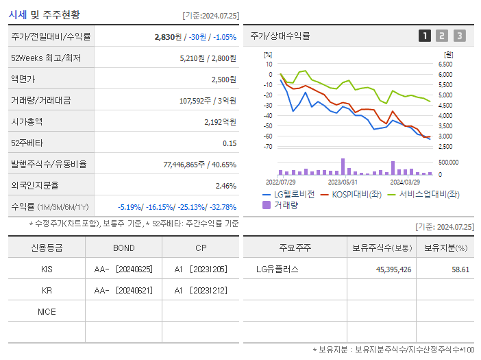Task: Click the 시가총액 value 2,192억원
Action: click(x=219, y=121)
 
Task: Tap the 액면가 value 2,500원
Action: click(x=223, y=80)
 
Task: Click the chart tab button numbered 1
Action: click(x=425, y=36)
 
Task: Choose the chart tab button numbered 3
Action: click(x=459, y=36)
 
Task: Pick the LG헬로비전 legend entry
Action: click(x=288, y=194)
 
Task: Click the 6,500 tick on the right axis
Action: click(x=445, y=64)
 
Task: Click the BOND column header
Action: click(x=123, y=248)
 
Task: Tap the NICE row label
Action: click(x=47, y=312)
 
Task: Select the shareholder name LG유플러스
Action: click(x=277, y=269)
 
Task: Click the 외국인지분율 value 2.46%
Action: click(x=225, y=185)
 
